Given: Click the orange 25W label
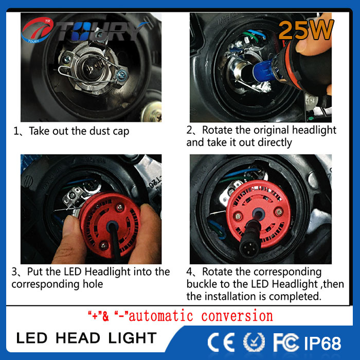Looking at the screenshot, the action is [306, 30].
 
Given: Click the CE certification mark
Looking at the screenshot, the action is [221, 342].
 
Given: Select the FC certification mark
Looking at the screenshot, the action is [286, 342].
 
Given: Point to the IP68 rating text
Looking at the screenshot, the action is [322, 344].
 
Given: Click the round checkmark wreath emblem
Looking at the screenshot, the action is [254, 342].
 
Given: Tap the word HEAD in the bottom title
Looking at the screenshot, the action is [78, 338].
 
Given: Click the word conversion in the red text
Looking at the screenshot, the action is [237, 316].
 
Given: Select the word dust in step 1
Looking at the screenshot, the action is [100, 131].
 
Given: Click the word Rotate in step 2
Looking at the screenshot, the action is [217, 130].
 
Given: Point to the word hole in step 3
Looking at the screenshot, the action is [93, 284].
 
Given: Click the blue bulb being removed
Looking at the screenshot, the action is [263, 68].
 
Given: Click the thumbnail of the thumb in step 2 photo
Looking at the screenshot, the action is [303, 45].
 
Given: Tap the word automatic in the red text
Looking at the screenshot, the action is [160, 316].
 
